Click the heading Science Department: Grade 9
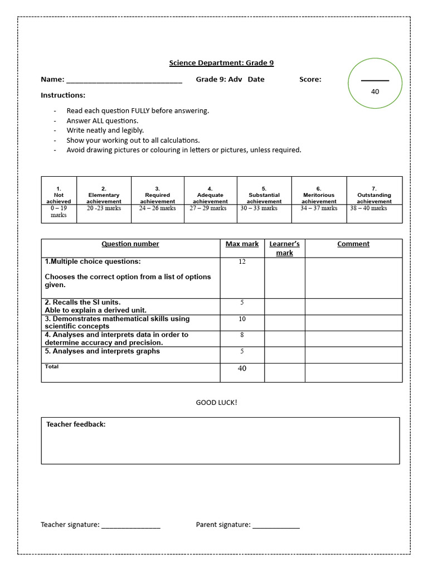point(221,63)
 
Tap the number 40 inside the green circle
point(374,91)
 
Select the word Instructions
point(63,95)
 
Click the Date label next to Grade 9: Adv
point(256,79)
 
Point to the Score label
point(310,79)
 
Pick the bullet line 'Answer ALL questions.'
point(102,120)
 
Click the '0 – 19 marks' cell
point(59,211)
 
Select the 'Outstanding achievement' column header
point(374,195)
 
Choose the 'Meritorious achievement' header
point(319,195)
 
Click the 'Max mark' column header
point(242,244)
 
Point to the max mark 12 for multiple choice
point(242,262)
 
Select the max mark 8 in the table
point(242,335)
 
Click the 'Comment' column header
point(353,244)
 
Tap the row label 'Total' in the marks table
point(51,366)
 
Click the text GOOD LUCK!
point(216,403)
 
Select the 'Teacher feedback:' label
point(76,424)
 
